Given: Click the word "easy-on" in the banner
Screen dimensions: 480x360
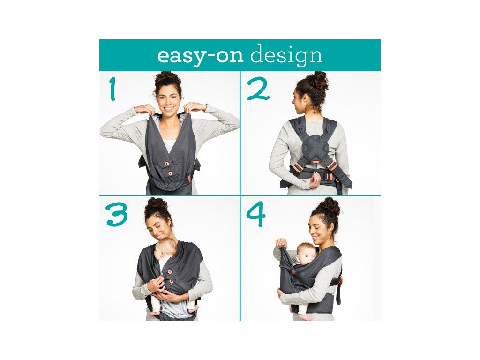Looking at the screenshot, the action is point(200,56).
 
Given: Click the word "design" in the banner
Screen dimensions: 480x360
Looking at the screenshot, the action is point(286,55).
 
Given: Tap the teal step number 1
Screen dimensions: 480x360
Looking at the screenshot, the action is point(113,89).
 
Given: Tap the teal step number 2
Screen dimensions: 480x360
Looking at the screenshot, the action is point(258,89).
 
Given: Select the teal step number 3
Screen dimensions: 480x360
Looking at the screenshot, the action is point(117,215).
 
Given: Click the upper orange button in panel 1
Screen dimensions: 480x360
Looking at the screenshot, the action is point(167,164).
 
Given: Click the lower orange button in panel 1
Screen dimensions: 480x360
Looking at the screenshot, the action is point(170,173).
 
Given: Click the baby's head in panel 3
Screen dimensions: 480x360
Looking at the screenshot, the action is point(165,247).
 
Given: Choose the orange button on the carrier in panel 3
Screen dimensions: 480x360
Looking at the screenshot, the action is point(169,272).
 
